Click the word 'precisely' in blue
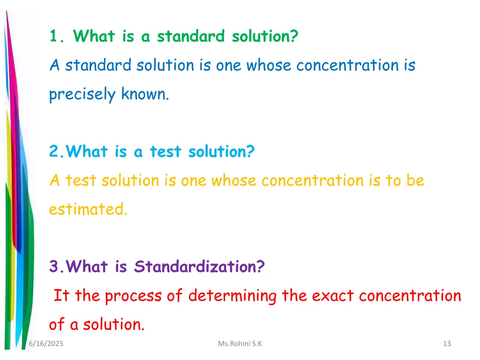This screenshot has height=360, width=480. point(82,95)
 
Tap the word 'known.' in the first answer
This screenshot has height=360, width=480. point(145,95)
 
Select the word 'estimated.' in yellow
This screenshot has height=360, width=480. point(88,209)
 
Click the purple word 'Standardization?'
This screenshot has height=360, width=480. point(199,267)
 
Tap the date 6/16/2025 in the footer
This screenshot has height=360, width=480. point(46,344)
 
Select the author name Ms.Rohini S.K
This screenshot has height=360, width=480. point(240,344)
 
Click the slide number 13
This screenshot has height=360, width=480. point(446,344)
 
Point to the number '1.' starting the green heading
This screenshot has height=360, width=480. point(58,36)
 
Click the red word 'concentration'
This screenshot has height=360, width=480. point(410,296)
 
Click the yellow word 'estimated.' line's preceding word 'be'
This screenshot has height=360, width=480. point(415,180)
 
